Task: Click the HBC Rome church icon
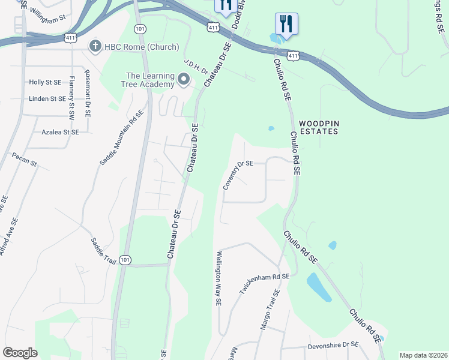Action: (95, 46)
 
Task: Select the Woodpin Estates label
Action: (319, 127)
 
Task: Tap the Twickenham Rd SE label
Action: (265, 284)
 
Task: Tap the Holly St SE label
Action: (45, 82)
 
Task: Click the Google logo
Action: (20, 353)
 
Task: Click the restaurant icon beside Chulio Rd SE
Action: (286, 24)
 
